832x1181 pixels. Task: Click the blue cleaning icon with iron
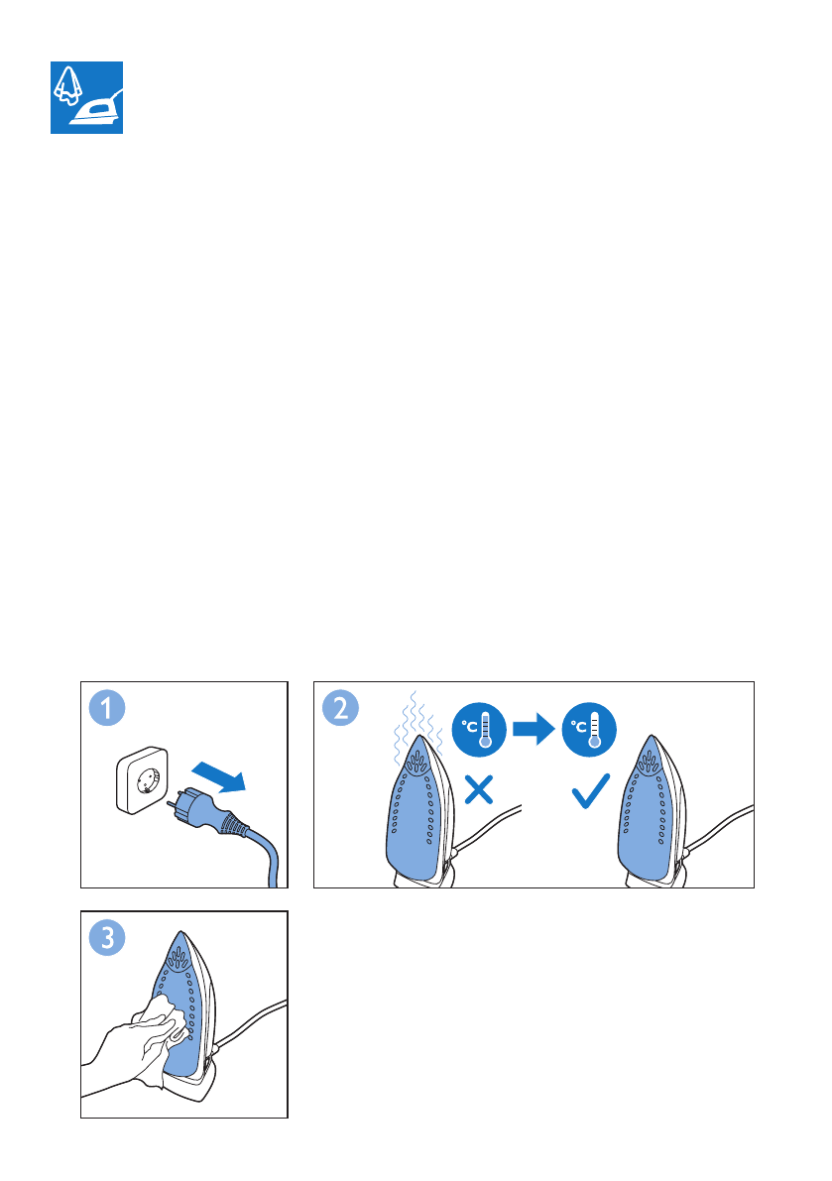point(86,98)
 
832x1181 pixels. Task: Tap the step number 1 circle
point(107,708)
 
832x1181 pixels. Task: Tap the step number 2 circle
point(340,708)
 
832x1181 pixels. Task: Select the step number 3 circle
point(107,938)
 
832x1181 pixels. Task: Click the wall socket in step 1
point(142,780)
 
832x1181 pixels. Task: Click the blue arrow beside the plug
point(219,776)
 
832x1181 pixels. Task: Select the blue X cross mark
point(479,790)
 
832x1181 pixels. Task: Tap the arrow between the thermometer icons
point(534,729)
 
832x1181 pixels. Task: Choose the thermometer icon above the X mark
point(479,729)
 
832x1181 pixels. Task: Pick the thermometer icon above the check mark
point(590,729)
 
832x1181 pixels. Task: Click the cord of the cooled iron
point(719,829)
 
